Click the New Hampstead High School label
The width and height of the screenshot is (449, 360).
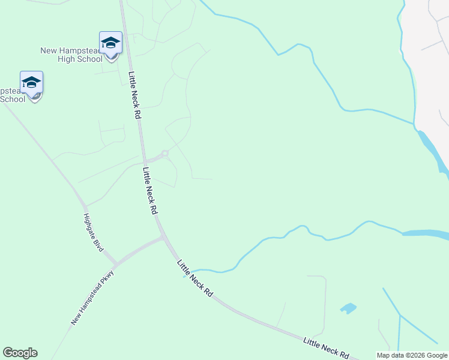[x=71, y=55]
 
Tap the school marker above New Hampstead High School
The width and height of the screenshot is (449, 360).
[x=110, y=43]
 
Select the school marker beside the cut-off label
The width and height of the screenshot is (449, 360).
[x=31, y=83]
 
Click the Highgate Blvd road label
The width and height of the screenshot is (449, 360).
[x=94, y=232]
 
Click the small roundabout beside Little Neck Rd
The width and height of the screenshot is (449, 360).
[x=165, y=153]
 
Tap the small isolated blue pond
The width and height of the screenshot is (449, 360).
[x=348, y=308]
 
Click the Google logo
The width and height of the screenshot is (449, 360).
[x=20, y=353]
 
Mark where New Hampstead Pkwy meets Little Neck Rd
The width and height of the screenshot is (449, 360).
[x=164, y=238]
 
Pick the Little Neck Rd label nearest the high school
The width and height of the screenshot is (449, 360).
[x=134, y=95]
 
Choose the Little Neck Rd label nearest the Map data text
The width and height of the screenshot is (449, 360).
[x=326, y=347]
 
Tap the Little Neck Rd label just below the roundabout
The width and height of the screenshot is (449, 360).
[x=150, y=191]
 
